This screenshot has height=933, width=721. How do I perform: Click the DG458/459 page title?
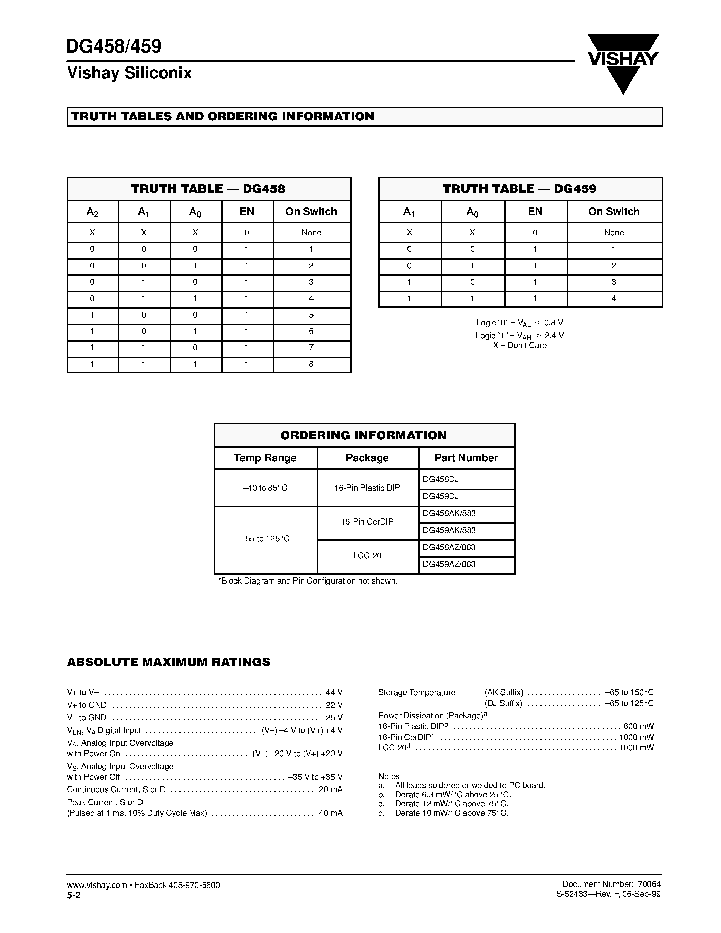point(114,46)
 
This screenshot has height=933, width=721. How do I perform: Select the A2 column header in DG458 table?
point(92,212)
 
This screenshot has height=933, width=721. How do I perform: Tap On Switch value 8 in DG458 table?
point(311,364)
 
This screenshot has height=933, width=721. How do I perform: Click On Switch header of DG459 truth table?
point(614,212)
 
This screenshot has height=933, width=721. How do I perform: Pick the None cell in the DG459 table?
point(614,233)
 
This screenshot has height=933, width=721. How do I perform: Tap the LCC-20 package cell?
point(367,556)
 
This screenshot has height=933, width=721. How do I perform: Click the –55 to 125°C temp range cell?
point(265,539)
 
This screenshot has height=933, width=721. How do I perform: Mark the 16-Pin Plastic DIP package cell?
point(367,488)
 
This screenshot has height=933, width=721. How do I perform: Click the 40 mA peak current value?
point(330,813)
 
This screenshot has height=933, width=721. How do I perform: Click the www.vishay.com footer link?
point(96,885)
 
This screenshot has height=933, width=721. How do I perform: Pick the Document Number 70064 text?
point(611,884)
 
